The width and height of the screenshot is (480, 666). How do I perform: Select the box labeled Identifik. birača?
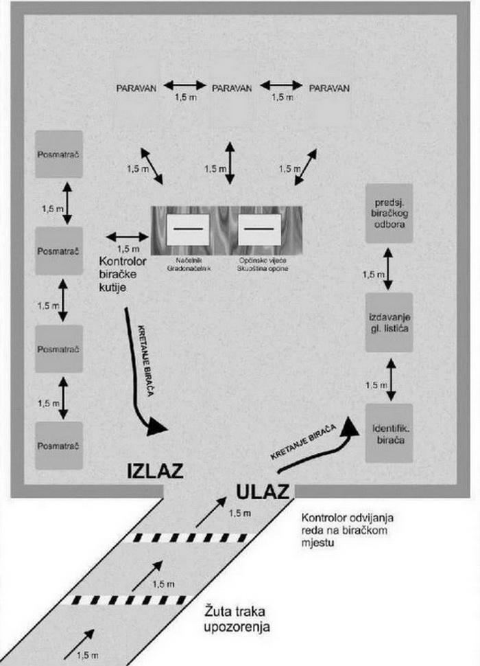(389, 433)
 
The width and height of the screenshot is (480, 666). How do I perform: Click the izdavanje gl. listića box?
(389, 323)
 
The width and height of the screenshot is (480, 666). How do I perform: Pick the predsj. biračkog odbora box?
(389, 213)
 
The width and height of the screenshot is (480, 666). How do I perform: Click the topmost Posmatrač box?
(59, 154)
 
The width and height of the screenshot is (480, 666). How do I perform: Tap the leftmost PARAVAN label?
(138, 88)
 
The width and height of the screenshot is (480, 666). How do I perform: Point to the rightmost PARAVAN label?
(329, 88)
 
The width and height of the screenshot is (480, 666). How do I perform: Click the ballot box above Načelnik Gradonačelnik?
(187, 227)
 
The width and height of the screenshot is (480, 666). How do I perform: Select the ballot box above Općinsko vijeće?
(260, 227)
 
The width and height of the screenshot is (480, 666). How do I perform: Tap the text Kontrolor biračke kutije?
(123, 273)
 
